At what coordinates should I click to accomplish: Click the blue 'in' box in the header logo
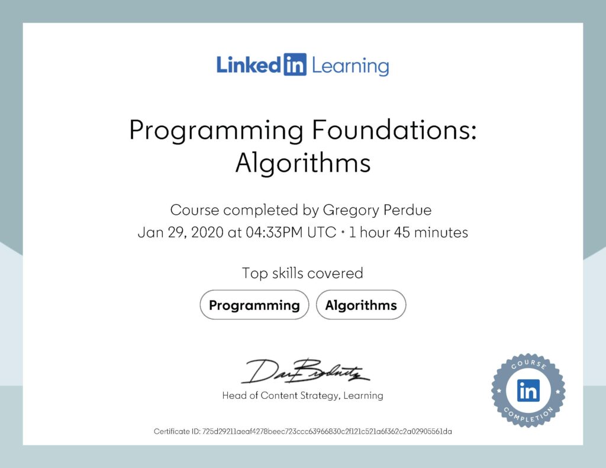(x=295, y=64)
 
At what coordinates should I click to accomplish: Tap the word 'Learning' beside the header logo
(x=350, y=65)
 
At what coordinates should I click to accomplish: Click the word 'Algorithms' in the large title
(x=302, y=163)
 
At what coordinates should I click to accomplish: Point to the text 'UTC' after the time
(x=321, y=233)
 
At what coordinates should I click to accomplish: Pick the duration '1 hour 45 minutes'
(x=408, y=233)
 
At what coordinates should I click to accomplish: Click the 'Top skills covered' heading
(x=302, y=273)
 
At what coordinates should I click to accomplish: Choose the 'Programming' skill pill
(x=254, y=305)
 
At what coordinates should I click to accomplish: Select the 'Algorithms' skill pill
(x=361, y=305)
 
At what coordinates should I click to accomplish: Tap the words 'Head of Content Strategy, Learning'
(x=302, y=395)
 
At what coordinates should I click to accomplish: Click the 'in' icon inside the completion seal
(x=528, y=390)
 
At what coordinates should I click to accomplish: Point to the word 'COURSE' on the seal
(x=528, y=366)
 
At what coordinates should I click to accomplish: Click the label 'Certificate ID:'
(x=177, y=431)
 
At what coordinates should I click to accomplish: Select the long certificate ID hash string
(x=327, y=431)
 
